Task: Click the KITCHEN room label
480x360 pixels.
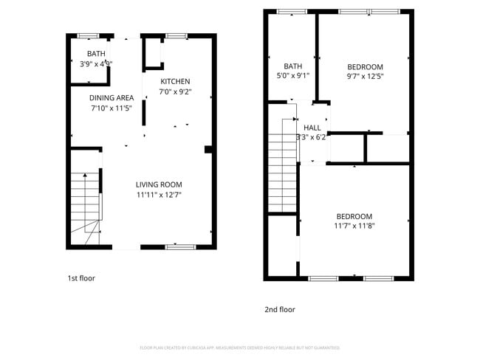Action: pyautogui.click(x=175, y=81)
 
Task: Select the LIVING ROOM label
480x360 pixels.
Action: pyautogui.click(x=158, y=184)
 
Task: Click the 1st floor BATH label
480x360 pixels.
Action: pyautogui.click(x=96, y=54)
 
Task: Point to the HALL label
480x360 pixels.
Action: pyautogui.click(x=312, y=127)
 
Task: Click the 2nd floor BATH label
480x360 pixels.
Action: pyautogui.click(x=292, y=65)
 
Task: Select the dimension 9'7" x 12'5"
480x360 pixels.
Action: pyautogui.click(x=365, y=75)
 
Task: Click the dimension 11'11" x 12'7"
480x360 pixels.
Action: pyautogui.click(x=158, y=195)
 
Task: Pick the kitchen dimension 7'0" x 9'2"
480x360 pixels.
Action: pyautogui.click(x=175, y=92)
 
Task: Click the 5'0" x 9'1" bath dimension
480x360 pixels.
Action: pyautogui.click(x=292, y=75)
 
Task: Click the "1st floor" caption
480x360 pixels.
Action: pyautogui.click(x=81, y=278)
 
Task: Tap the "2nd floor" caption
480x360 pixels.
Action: pyautogui.click(x=280, y=310)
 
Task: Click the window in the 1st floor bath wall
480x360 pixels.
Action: pyautogui.click(x=89, y=35)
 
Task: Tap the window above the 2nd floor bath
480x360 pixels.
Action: pyautogui.click(x=292, y=11)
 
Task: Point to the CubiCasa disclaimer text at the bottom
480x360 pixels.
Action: pyautogui.click(x=239, y=347)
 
